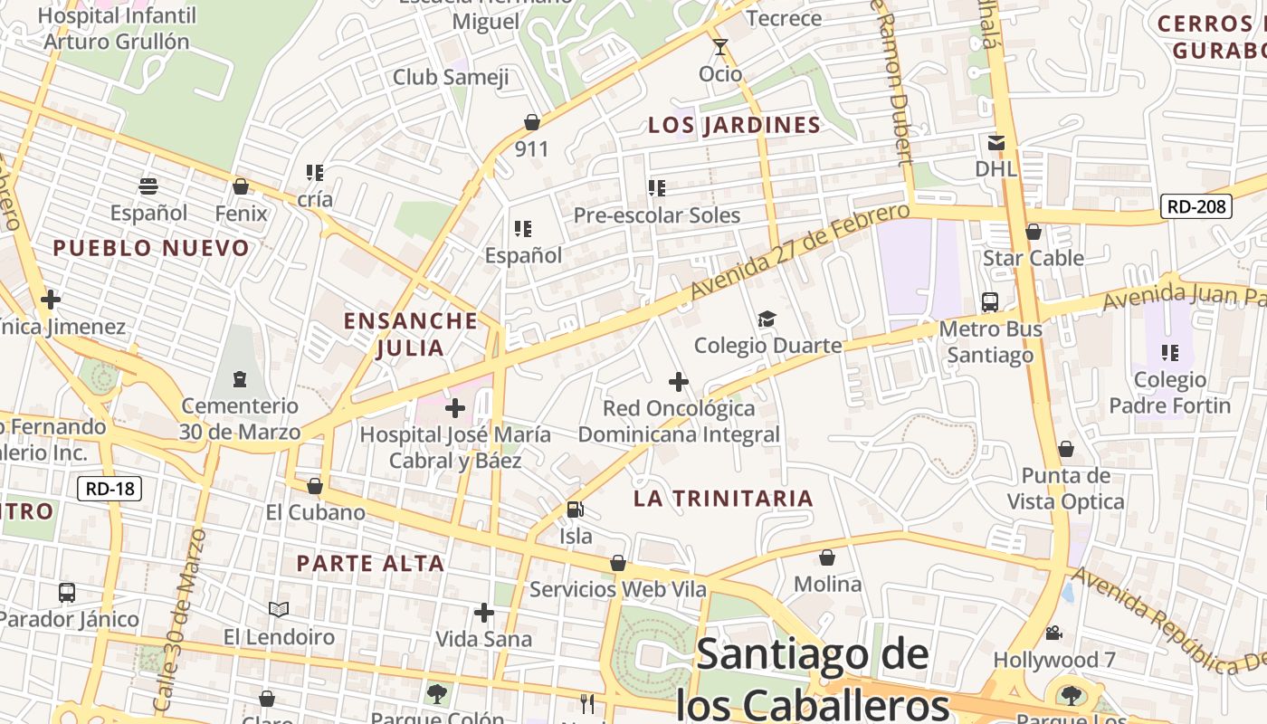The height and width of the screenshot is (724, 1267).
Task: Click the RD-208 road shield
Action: (1196, 206)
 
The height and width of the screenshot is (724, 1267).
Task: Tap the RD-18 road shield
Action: (110, 490)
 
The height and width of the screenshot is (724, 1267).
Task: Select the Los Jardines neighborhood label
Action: (734, 125)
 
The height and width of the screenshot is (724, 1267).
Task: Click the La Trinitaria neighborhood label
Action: (723, 498)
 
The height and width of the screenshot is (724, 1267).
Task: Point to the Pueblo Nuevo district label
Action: (151, 248)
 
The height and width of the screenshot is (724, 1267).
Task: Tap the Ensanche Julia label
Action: (411, 334)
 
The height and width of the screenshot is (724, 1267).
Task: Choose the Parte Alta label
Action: (370, 563)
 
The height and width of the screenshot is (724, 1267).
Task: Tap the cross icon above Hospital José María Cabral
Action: (455, 408)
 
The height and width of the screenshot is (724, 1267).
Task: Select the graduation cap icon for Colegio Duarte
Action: (767, 319)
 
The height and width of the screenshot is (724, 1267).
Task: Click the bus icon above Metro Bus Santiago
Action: (990, 302)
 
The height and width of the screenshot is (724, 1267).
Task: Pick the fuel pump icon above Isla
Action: (575, 510)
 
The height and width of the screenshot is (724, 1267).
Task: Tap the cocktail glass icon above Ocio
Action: (720, 47)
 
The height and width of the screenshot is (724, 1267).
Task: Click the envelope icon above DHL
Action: (996, 142)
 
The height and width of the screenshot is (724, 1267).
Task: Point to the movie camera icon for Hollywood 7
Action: (1053, 633)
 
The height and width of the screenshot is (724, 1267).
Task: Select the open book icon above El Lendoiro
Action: (279, 610)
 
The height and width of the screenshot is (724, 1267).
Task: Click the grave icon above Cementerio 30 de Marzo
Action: (239, 378)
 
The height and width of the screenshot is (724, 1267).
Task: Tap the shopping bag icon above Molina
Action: (827, 557)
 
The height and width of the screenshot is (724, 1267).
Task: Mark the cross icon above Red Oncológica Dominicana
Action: (679, 382)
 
